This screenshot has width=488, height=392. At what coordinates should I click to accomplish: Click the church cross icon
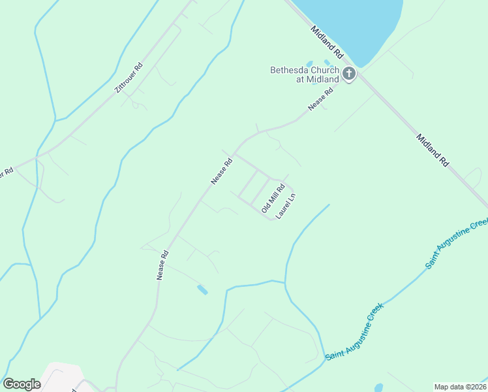click(349, 74)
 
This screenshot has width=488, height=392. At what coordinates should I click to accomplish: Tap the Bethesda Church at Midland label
click(305, 74)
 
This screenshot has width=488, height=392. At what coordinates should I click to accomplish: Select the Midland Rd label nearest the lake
click(327, 41)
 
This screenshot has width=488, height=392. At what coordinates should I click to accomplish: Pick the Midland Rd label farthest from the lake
click(433, 150)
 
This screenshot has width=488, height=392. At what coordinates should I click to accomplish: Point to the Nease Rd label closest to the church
click(321, 100)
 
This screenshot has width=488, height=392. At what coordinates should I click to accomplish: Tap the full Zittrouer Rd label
click(129, 78)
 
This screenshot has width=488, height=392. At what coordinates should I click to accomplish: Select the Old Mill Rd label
click(273, 198)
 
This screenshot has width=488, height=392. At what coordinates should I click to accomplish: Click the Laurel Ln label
click(286, 205)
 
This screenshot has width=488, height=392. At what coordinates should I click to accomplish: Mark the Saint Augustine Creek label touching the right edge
click(457, 244)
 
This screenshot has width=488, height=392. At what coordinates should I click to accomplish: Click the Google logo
click(22, 384)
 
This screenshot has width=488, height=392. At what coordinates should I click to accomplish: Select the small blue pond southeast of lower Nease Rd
click(203, 289)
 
